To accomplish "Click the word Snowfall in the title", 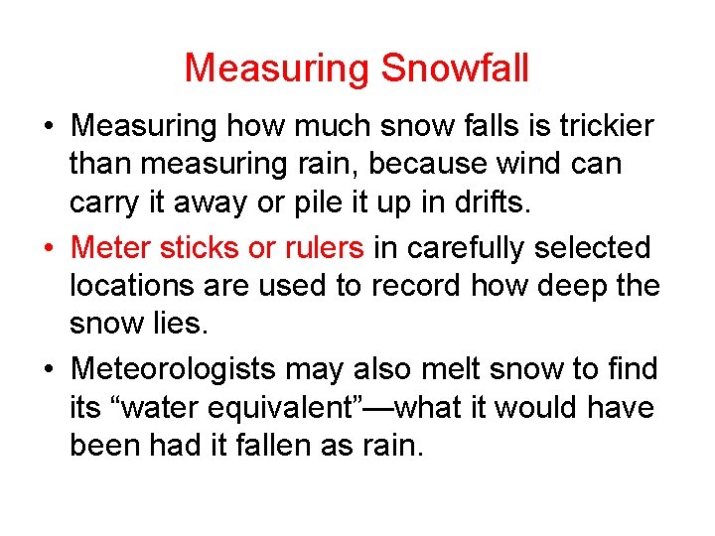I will click(455, 68).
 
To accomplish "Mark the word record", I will click(418, 286).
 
